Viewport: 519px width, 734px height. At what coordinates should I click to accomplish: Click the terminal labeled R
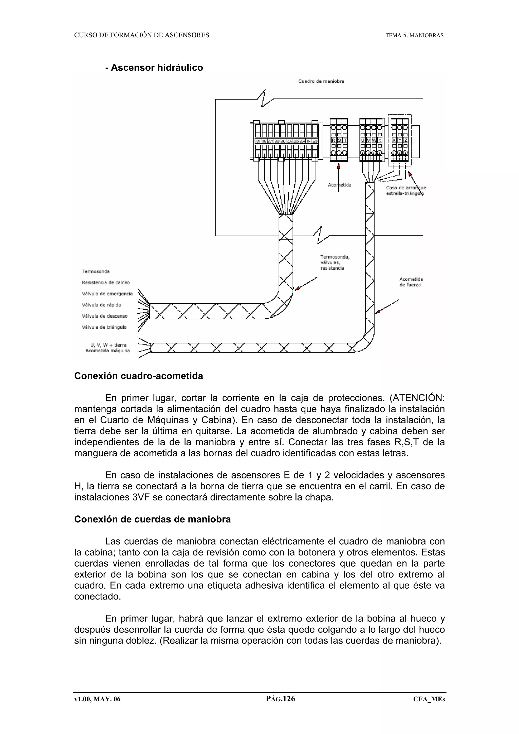tap(333, 140)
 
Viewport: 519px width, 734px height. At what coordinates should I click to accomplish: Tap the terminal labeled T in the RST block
tap(345, 140)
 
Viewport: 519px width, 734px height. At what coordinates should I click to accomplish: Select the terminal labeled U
tap(362, 140)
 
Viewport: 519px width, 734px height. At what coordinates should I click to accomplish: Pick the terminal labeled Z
tap(406, 140)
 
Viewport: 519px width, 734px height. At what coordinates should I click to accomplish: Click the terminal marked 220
tap(315, 141)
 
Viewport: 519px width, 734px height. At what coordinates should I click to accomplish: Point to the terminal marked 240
tap(283, 141)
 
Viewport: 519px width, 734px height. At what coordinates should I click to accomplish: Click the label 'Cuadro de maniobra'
tap(321, 81)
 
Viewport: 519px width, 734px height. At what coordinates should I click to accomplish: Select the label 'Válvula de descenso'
tap(105, 316)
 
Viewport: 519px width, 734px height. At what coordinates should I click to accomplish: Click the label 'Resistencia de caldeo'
tap(106, 283)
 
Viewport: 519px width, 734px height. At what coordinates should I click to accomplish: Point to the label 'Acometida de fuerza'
tap(411, 282)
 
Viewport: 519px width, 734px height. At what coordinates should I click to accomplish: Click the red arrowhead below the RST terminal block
tap(339, 166)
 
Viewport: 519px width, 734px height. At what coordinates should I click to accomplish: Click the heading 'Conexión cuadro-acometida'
tap(138, 376)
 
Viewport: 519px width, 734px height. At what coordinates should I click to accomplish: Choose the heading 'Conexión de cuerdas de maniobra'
tap(152, 519)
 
